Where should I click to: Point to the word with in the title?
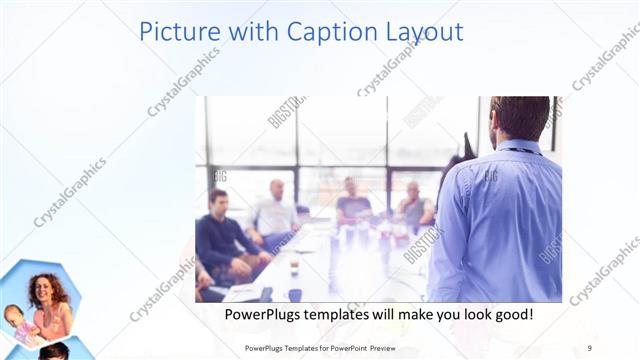point(248,32)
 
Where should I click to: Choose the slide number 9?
point(590,347)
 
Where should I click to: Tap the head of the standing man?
point(519,118)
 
